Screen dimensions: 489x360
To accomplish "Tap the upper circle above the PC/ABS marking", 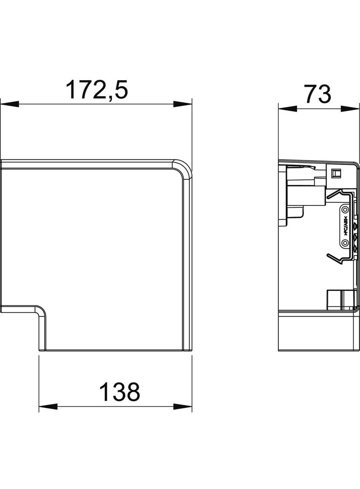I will coord(344,211).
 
